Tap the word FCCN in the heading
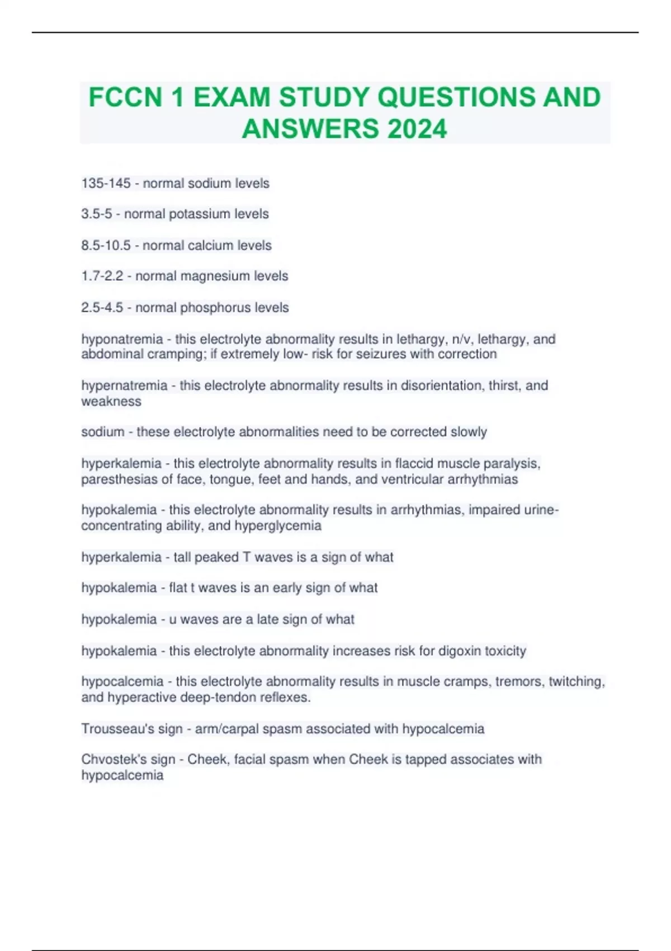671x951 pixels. (125, 97)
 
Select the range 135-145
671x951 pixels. (106, 183)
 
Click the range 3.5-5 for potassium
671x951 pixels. (96, 214)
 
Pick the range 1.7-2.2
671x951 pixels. (102, 276)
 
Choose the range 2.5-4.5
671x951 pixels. (102, 308)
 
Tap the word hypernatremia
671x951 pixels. (124, 385)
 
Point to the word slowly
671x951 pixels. (469, 432)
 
